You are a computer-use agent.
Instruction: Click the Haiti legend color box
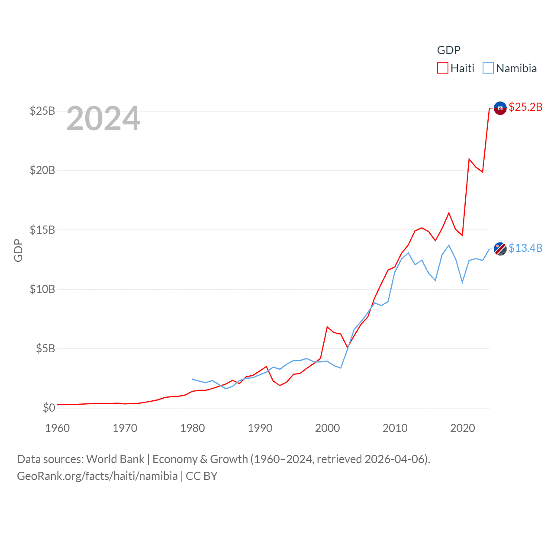tap(442, 68)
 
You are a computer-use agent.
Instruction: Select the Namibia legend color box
tap(488, 68)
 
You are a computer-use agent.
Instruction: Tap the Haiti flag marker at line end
tap(500, 108)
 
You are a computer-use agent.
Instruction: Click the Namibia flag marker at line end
tap(500, 249)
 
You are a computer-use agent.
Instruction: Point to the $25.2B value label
tap(525, 107)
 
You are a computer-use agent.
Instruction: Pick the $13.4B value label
tap(525, 248)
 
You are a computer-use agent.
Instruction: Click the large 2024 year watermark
tap(103, 119)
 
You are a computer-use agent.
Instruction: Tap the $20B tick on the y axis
tap(42, 170)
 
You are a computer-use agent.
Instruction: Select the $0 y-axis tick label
tap(49, 408)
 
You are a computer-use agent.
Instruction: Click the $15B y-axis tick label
tap(42, 230)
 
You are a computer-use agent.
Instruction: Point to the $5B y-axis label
tap(45, 348)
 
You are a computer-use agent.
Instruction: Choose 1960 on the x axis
tap(58, 428)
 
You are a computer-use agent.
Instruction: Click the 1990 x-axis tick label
tap(260, 428)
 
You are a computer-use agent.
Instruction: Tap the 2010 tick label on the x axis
tap(395, 428)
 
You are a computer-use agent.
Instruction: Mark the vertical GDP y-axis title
tap(18, 250)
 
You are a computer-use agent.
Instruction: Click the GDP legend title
tap(448, 50)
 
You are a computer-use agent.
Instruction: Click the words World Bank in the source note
tap(115, 459)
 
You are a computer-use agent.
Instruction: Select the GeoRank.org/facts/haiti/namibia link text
tap(97, 476)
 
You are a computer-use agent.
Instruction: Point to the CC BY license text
tap(202, 476)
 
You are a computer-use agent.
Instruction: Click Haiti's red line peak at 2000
tap(327, 327)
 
